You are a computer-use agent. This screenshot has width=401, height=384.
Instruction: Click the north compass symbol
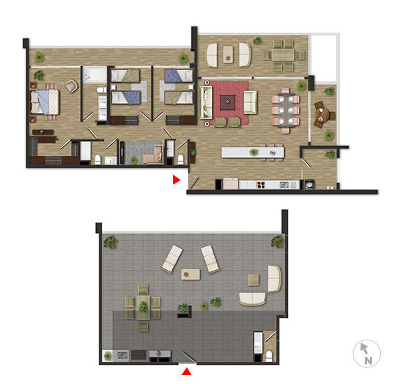tap(366, 353)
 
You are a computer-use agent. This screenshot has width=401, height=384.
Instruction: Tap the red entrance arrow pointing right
tap(177, 179)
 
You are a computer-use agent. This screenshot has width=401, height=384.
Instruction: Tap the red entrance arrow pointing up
tap(186, 371)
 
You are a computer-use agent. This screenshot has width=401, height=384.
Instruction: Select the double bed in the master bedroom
tap(44, 102)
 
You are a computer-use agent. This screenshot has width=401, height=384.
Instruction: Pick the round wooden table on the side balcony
tap(322, 114)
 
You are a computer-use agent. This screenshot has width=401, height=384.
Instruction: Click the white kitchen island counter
tap(253, 152)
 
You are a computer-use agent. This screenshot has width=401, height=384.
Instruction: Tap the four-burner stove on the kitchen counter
tap(261, 184)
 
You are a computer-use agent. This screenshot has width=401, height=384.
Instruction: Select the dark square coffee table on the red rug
tap(228, 102)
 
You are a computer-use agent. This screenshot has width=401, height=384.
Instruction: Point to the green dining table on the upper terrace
tap(283, 55)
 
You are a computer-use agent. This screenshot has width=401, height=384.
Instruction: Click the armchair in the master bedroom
tap(71, 86)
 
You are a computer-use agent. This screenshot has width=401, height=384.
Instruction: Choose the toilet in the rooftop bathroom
tap(269, 356)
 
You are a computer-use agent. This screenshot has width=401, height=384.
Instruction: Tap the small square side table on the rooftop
tap(253, 280)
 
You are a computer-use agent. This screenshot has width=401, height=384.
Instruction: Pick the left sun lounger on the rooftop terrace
tap(172, 259)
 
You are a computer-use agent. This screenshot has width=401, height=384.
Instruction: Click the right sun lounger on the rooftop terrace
tap(210, 259)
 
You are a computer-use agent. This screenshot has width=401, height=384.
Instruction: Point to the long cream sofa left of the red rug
tap(206, 102)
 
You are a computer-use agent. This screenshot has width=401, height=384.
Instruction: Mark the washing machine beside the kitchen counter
tap(309, 184)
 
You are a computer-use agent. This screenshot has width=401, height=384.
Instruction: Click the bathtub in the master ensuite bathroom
tap(85, 151)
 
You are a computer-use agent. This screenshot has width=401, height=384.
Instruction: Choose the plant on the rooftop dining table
tap(143, 306)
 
